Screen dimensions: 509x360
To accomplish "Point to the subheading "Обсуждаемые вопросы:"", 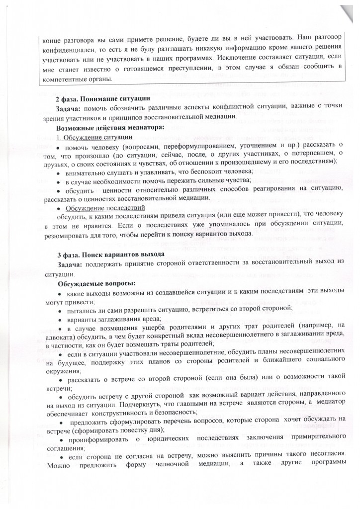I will point(93,283).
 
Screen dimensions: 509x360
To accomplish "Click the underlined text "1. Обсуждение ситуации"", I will point(94,137).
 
